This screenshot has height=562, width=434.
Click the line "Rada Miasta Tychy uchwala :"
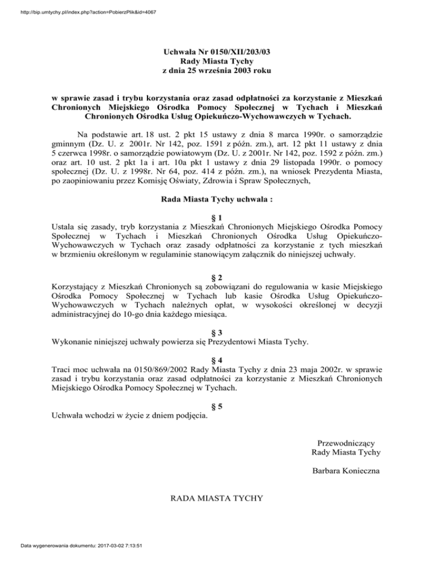point(216,200)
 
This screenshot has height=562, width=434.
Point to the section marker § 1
point(217,218)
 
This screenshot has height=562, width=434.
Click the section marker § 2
point(217,278)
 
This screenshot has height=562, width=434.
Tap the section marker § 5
point(217,406)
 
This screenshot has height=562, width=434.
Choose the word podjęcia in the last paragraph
point(188,417)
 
